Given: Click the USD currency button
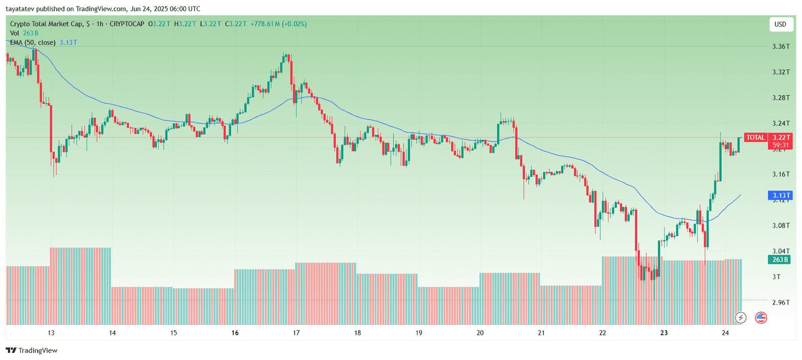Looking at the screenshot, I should click(780, 24).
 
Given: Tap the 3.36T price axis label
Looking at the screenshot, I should click(781, 46).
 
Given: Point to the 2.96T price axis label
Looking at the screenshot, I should click(781, 302).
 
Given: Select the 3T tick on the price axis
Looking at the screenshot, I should click(776, 277).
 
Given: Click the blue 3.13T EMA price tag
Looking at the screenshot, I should click(780, 196).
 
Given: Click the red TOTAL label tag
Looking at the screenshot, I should click(755, 137).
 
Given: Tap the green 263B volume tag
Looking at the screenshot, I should click(780, 260).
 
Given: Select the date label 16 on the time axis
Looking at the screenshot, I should click(235, 333).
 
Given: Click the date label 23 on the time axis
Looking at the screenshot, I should click(664, 333).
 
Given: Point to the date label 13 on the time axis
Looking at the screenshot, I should click(51, 333).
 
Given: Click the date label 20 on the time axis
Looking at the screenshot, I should click(480, 333).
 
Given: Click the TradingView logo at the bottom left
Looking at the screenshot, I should click(32, 350).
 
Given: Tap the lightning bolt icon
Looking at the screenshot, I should click(741, 317).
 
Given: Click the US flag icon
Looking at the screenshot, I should click(761, 317).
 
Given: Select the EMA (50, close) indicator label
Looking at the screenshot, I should click(33, 43).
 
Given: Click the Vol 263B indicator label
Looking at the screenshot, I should click(24, 33).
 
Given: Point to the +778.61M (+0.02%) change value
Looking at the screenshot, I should click(279, 24).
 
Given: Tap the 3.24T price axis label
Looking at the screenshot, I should click(781, 123).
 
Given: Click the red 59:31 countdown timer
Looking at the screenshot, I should click(780, 145).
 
